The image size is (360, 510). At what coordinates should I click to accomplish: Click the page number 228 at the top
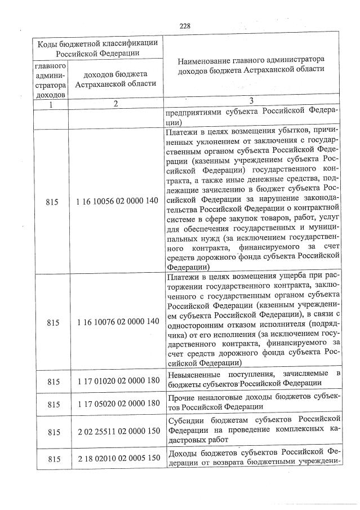[185, 26]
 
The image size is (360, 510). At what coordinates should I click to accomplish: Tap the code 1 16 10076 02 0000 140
[115, 321]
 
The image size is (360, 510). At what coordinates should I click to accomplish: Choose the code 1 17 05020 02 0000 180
[115, 405]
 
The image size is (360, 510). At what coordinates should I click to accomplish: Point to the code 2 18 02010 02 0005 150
[115, 460]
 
